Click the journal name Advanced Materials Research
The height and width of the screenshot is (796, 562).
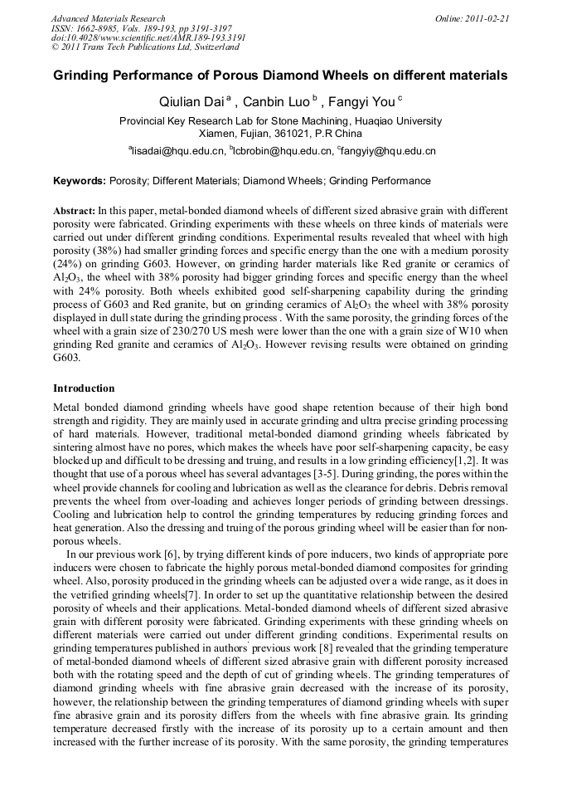point(108,18)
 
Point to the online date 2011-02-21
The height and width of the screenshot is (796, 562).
point(488,18)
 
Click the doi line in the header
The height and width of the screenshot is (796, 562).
point(148,38)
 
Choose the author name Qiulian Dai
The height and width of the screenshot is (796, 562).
point(191,103)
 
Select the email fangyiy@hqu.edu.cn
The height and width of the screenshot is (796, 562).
point(388,152)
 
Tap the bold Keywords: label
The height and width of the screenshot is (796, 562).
point(80,181)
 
